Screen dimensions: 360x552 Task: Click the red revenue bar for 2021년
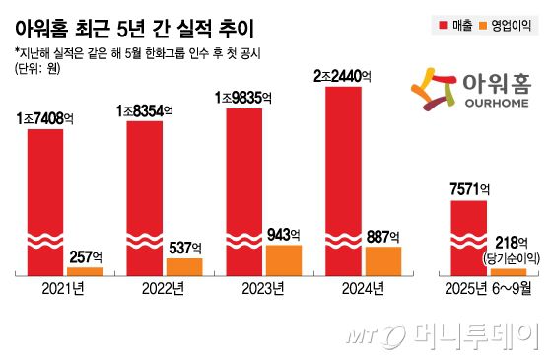pos(45,197)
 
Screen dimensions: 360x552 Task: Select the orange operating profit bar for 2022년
pos(183,265)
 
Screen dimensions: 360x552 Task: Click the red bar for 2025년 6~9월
pos(468,237)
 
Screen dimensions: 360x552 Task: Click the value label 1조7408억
pos(45,117)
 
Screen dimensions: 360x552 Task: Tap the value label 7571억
pos(468,190)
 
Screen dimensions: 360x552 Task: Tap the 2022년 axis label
pos(164,289)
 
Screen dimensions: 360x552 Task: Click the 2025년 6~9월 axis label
pos(488,289)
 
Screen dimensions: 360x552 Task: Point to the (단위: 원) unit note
pos(40,68)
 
